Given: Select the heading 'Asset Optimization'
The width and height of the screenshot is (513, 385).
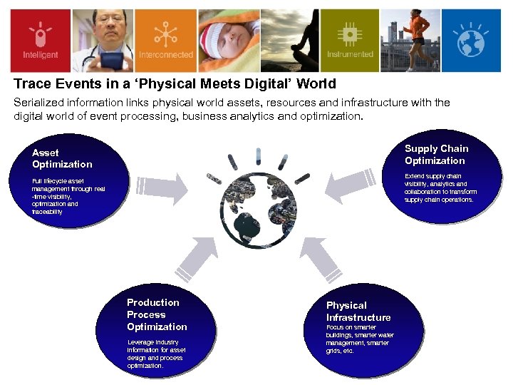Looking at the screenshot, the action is (x=62, y=158).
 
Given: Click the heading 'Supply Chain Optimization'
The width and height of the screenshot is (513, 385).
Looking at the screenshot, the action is (x=436, y=154).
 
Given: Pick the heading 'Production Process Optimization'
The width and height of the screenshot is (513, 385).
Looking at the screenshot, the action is (x=157, y=314).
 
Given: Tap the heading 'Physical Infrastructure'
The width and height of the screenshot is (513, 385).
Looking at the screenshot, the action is (x=358, y=311).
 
